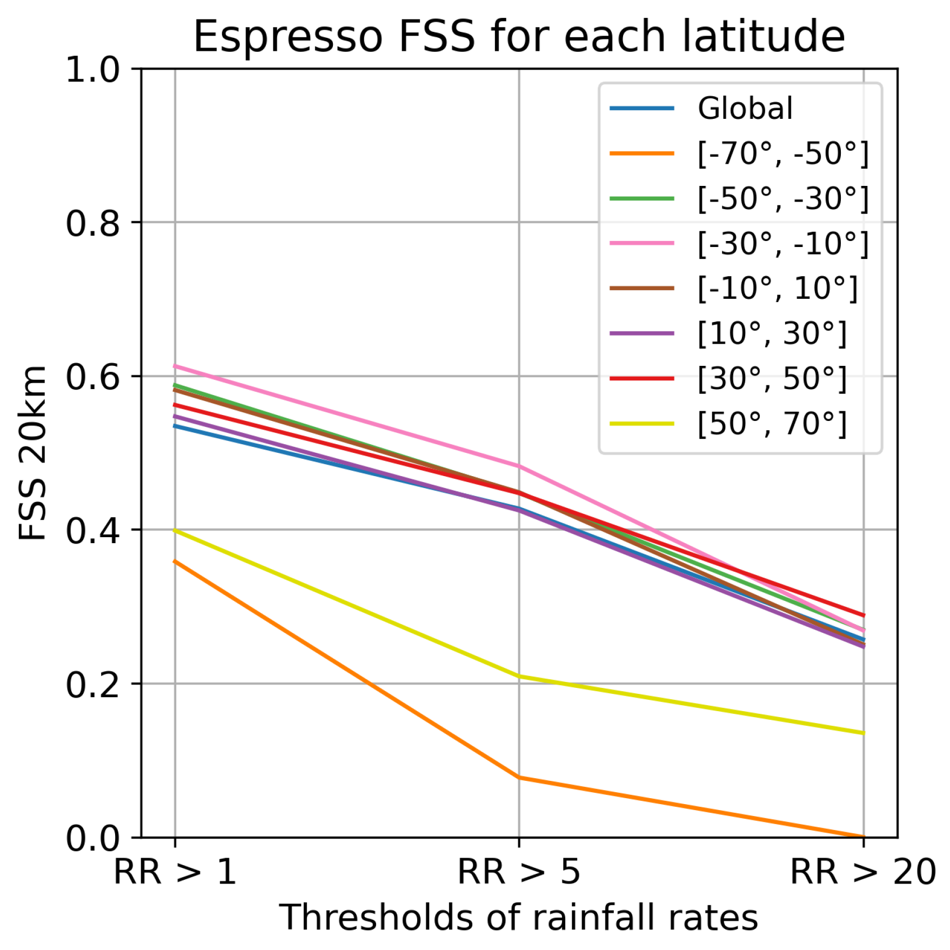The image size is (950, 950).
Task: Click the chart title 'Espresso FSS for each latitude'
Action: [x=519, y=37]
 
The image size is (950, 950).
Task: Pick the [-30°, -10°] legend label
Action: [x=782, y=244]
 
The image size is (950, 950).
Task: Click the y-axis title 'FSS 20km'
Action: [x=32, y=453]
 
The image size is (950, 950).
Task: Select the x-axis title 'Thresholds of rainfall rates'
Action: [x=519, y=918]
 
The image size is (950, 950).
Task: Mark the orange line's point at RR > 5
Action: [x=519, y=777]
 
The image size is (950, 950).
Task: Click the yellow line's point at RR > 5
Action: [x=519, y=676]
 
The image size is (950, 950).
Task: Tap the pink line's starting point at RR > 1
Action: [x=175, y=366]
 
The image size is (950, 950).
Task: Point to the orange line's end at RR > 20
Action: [x=864, y=837]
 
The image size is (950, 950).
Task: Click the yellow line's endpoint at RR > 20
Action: [x=864, y=733]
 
